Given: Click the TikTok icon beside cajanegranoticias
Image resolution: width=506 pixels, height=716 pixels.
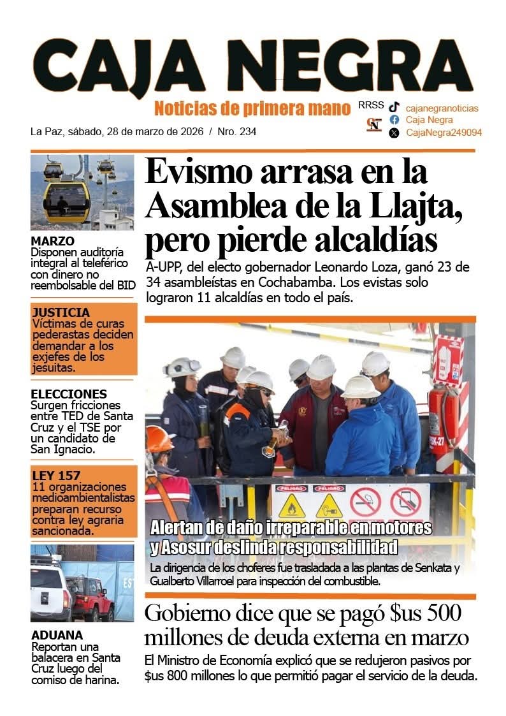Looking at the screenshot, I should tap(394, 108).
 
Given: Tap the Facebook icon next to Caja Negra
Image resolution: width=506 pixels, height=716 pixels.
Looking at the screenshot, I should tap(394, 120).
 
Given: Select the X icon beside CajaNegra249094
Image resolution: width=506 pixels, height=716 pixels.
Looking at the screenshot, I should tap(394, 133).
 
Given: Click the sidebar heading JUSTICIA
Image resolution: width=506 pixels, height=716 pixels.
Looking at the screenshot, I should tap(61, 312).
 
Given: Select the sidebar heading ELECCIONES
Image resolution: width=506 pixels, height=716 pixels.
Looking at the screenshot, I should tap(69, 394).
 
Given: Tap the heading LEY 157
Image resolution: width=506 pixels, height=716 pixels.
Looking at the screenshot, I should tap(56, 475).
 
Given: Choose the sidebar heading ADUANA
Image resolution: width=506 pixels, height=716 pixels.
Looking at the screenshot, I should tap(57, 635).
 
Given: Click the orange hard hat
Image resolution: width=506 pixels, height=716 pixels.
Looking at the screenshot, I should tap(158, 439).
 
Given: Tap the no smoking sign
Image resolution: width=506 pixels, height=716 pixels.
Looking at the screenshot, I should tap(366, 502).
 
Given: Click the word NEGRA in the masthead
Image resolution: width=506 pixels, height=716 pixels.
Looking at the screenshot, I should tap(365, 64).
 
